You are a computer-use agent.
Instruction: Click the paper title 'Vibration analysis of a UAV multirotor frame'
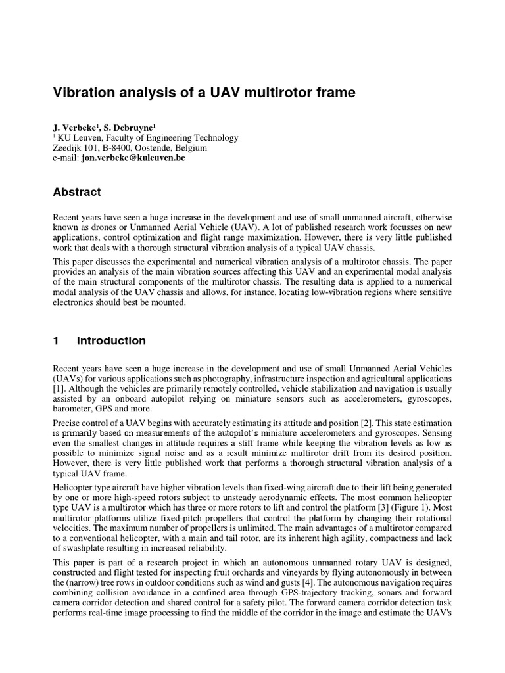pos(204,93)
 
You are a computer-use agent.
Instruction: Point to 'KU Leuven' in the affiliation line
pos(76,137)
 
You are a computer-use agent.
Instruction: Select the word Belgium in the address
pos(191,148)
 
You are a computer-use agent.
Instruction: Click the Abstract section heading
pos(76,192)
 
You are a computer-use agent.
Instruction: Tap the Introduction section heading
pos(111,340)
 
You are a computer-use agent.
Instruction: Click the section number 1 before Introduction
pos(56,340)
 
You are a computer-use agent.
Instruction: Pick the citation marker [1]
pos(58,390)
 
